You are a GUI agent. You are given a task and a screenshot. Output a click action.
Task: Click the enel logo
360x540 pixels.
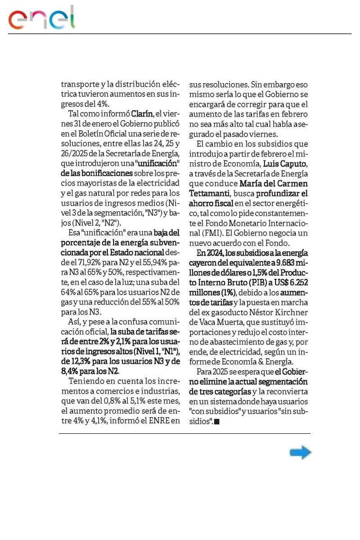(x=41, y=18)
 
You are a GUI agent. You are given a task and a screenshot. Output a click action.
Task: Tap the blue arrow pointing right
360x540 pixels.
(x=300, y=452)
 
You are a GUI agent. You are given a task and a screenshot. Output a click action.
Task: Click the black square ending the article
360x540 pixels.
(x=216, y=422)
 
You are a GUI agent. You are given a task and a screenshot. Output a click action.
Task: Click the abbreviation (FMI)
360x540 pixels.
(x=199, y=233)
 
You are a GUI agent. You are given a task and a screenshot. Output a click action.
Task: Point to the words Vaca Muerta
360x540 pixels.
(x=220, y=322)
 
